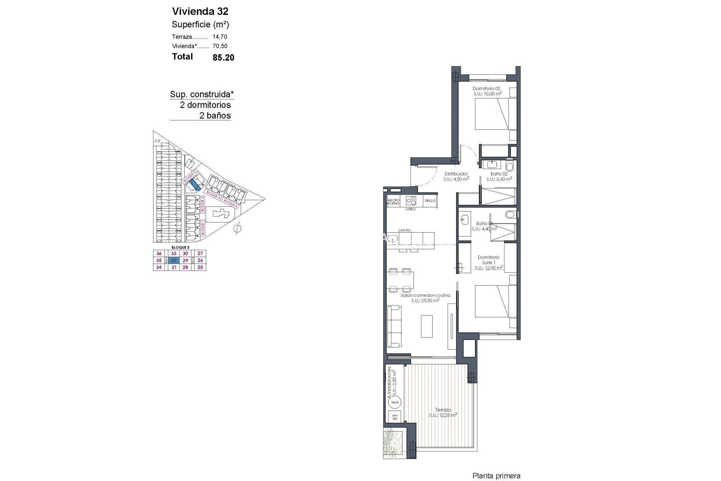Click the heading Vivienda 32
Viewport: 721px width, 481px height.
click(x=200, y=11)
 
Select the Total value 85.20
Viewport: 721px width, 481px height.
click(x=223, y=57)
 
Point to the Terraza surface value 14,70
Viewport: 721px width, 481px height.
click(x=220, y=37)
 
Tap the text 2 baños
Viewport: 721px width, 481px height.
click(x=215, y=115)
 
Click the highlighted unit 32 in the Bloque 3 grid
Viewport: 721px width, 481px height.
click(x=173, y=260)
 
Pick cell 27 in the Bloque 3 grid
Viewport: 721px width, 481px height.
click(x=200, y=254)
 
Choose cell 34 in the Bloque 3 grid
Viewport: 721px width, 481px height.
click(x=159, y=267)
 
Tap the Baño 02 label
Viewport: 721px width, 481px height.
click(x=499, y=174)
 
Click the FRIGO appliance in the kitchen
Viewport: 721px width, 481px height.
click(x=430, y=201)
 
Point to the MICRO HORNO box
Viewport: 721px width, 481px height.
click(x=394, y=202)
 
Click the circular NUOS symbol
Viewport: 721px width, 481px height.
click(x=395, y=402)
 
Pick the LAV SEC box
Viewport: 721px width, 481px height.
click(x=395, y=416)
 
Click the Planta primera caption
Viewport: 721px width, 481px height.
click(x=496, y=476)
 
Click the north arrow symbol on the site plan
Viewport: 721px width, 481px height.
click(x=237, y=228)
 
